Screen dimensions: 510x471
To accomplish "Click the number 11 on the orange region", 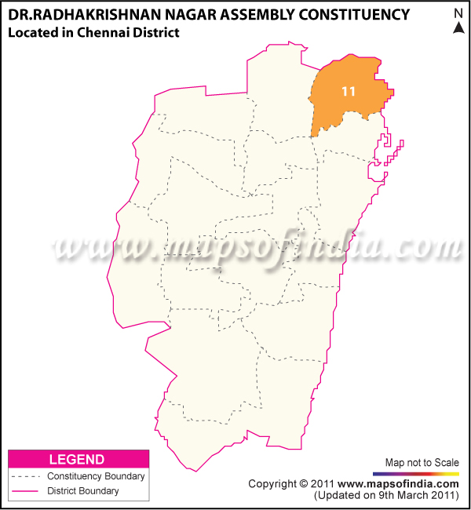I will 349,92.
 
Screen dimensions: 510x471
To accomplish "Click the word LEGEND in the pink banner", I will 77,459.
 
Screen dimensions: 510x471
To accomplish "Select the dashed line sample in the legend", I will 25,476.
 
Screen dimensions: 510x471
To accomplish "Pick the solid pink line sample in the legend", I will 25,491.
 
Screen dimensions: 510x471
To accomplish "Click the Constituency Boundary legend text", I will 96,476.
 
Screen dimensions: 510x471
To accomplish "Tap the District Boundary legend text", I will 83,491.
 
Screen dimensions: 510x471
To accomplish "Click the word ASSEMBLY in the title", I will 253,14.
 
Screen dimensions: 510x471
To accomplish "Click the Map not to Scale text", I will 422,462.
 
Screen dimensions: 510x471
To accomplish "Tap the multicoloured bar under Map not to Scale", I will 416,474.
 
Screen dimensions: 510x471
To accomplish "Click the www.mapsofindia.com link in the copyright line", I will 399,484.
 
